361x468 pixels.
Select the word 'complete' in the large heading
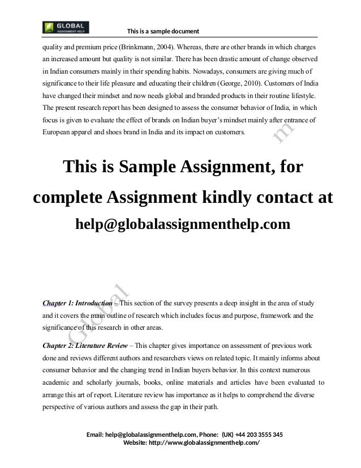point(68,199)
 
